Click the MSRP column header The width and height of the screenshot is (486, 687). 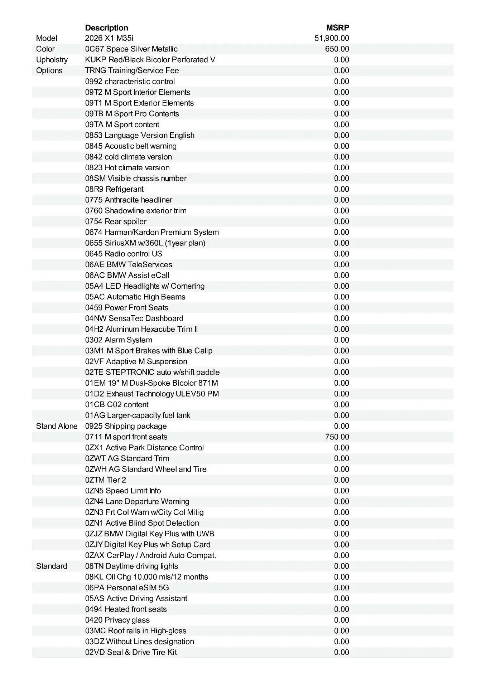[x=337, y=28]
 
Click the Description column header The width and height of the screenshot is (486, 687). [x=106, y=28]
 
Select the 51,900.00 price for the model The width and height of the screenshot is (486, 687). [x=332, y=38]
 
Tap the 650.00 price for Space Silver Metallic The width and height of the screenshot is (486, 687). [x=337, y=49]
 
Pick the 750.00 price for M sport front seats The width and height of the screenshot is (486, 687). [x=337, y=437]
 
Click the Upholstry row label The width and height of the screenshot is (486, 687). [x=52, y=60]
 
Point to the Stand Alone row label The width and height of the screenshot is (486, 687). [x=57, y=426]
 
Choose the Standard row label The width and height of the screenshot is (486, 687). [x=52, y=566]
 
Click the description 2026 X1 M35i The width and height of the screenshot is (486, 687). [x=109, y=38]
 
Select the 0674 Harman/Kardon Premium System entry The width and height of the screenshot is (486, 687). [x=152, y=232]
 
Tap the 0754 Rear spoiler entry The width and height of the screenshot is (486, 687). [x=116, y=221]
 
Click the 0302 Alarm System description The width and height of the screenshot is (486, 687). [x=119, y=340]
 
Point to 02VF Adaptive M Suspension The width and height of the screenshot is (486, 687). [x=136, y=361]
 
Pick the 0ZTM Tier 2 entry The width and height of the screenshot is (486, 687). [x=106, y=480]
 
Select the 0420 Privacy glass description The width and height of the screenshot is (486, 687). [x=117, y=620]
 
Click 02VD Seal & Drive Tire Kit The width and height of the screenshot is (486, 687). [x=131, y=652]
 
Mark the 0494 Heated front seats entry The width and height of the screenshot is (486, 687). [x=126, y=609]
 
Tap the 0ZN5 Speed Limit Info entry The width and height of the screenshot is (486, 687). [x=123, y=491]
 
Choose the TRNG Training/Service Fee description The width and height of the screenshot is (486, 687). [x=132, y=70]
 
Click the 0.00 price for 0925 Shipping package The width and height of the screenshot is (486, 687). [x=341, y=426]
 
